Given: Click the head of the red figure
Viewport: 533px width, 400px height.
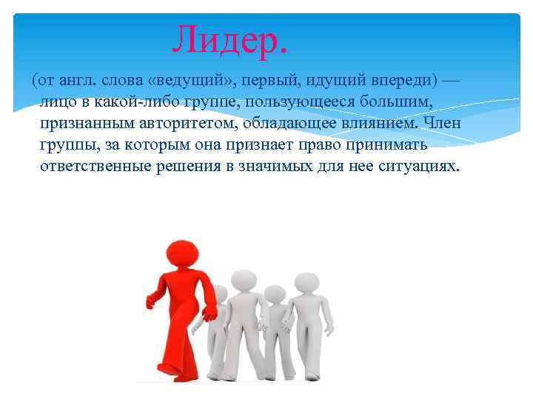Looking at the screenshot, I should tap(181, 254).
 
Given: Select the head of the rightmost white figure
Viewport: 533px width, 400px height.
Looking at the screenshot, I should tap(304, 282).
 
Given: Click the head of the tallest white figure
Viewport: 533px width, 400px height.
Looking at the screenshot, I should tap(242, 281).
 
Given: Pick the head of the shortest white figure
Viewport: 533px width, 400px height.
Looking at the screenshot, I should tap(275, 295).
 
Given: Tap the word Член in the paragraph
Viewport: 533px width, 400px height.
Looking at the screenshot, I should tap(443, 123).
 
